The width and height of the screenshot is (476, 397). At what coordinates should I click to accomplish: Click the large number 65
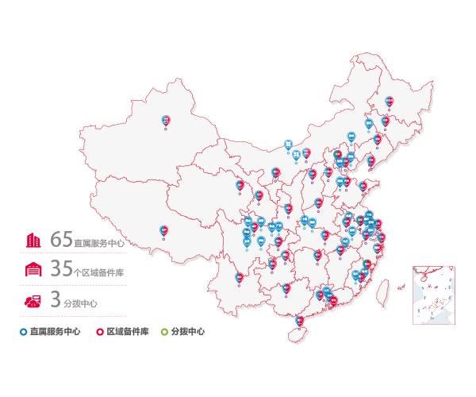pyautogui.click(x=61, y=238)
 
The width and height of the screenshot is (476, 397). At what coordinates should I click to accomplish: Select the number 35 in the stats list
pyautogui.click(x=61, y=269)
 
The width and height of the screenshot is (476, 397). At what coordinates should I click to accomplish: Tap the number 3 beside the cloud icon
pyautogui.click(x=56, y=299)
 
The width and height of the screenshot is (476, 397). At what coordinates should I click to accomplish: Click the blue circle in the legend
pyautogui.click(x=24, y=331)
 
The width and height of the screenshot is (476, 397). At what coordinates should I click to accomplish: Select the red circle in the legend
pyautogui.click(x=100, y=331)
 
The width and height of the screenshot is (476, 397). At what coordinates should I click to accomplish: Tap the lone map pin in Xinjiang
pyautogui.click(x=166, y=121)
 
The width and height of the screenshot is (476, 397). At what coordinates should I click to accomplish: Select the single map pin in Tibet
pyautogui.click(x=163, y=230)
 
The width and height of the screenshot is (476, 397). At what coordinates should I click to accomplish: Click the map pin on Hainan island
pyautogui.click(x=299, y=322)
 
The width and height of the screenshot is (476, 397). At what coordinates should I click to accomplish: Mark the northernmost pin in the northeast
pyautogui.click(x=389, y=102)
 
